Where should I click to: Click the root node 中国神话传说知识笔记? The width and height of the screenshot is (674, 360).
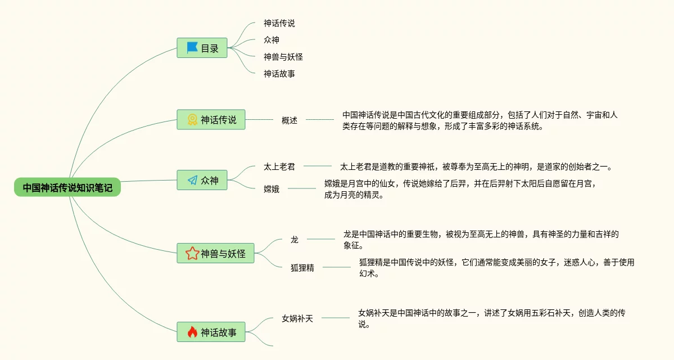coord(67,188)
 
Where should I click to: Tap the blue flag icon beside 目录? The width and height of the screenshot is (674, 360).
coord(192,48)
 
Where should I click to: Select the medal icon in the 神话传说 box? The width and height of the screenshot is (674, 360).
coord(192,119)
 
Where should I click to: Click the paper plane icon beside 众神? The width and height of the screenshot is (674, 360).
coord(192,180)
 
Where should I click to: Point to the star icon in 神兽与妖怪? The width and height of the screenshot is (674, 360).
coord(192,254)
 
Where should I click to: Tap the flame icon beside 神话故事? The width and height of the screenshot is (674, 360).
coord(192,332)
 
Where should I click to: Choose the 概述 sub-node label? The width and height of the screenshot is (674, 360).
coord(289,120)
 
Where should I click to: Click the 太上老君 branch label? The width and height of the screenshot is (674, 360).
coord(279,166)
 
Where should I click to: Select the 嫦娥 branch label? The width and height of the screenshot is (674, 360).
coord(272,189)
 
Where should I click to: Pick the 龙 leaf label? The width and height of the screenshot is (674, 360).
coord(295,240)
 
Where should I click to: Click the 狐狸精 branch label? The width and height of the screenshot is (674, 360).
coord(302,268)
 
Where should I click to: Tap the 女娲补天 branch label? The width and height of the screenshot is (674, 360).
coord(297,318)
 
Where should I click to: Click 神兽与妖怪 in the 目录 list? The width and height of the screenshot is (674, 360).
coord(283,57)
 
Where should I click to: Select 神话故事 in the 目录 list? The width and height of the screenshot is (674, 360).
coord(279,74)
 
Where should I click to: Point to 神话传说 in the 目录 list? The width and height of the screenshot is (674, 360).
coord(279,24)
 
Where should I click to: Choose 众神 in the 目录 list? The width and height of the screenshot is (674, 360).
coord(272,40)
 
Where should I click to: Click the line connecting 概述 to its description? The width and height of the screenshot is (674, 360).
coord(319,119)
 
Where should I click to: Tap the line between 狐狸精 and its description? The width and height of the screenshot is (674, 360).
coord(336,267)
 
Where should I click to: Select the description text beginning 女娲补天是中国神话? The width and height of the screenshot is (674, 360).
coord(492,318)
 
